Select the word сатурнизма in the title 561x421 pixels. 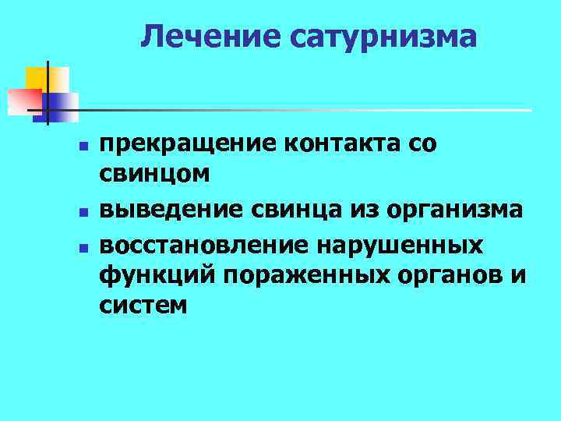pos(381,36)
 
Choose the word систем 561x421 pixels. pos(143,306)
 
